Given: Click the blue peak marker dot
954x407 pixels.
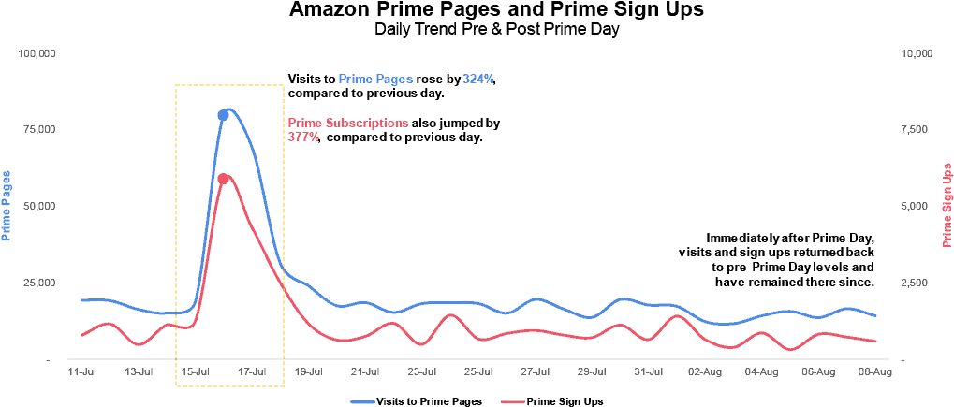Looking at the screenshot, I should point(224,115).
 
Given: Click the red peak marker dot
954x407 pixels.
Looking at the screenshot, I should point(224,179).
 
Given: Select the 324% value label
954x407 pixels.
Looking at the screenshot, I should point(477,80).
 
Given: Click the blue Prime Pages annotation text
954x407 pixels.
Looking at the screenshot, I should point(374,80).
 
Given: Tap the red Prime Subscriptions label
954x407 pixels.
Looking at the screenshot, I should point(347,124).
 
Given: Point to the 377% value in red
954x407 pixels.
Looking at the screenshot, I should point(303,137).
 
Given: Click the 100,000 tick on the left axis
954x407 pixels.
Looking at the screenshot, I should point(37,53).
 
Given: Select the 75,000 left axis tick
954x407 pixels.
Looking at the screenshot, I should point(40,129).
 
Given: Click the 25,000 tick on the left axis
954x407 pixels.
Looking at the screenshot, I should point(40,283).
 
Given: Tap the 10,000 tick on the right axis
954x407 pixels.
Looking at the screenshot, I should point(916,53).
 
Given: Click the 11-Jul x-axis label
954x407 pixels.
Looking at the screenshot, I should point(81,371).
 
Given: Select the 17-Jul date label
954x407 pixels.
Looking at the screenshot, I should point(252,371).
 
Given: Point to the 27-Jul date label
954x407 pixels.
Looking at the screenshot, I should point(535,371).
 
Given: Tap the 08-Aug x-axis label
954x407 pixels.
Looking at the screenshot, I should point(874,371).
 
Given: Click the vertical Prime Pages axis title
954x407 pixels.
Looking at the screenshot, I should point(7,206).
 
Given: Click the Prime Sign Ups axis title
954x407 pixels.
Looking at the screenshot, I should point(947,206).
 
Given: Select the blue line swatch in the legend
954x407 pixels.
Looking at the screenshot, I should point(362,402).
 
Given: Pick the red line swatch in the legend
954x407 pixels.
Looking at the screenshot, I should point(512,402).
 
